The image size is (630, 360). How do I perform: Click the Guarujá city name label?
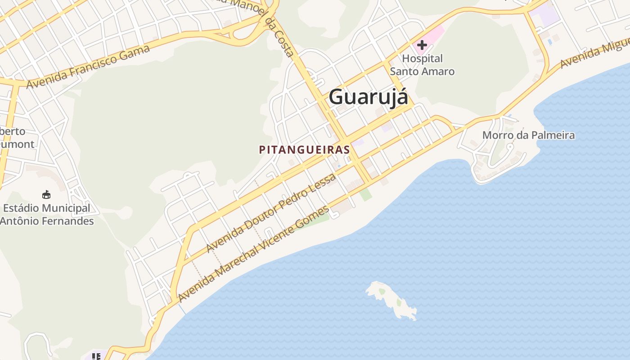(369, 97)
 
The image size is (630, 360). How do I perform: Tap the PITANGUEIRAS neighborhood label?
(304, 150)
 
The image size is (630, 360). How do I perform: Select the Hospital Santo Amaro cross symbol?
(422, 45)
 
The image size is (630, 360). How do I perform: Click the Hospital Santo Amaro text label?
(422, 65)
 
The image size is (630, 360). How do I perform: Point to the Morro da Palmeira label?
(528, 135)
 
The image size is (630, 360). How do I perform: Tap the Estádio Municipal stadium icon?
(46, 195)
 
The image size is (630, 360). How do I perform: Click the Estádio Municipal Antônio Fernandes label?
(47, 215)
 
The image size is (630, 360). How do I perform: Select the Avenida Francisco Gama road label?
(88, 67)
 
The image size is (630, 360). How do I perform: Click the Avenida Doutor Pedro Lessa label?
(271, 213)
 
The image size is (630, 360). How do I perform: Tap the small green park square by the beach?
(366, 194)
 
